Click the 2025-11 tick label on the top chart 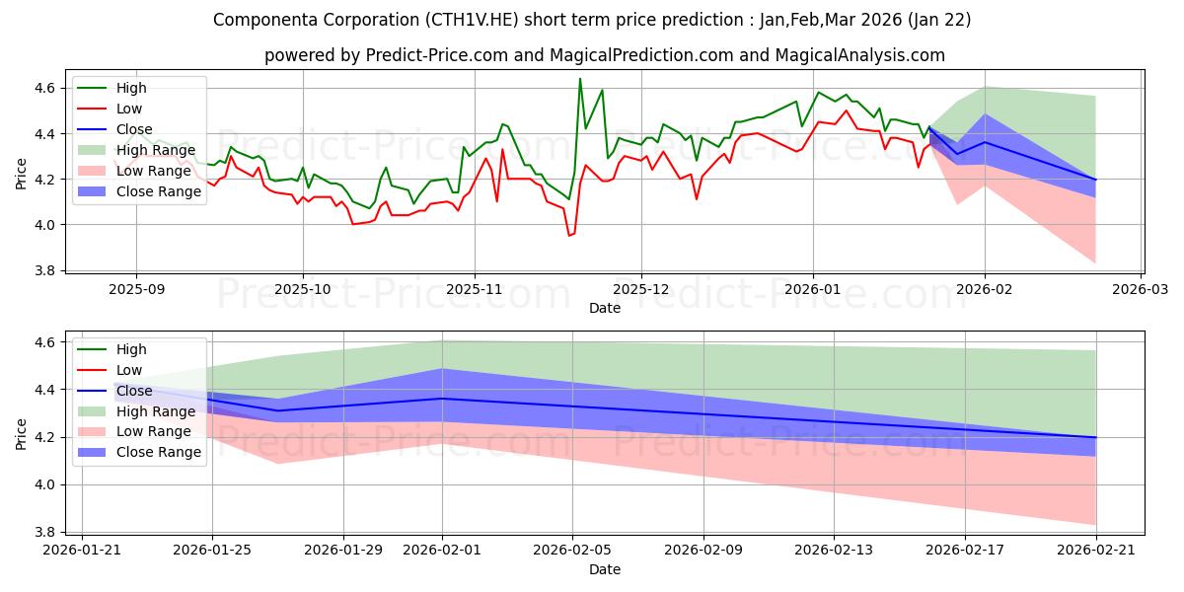(475, 288)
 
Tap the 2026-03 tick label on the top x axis (1141, 288)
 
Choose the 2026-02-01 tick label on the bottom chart (442, 550)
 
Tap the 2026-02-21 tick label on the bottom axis (1095, 550)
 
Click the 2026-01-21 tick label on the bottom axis (82, 550)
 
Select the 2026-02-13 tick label (834, 550)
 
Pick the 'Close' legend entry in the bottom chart (134, 391)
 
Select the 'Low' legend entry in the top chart (129, 109)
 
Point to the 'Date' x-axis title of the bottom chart (605, 569)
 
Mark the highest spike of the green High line (580, 78)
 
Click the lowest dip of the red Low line (569, 236)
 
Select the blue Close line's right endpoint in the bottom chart (1095, 437)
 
